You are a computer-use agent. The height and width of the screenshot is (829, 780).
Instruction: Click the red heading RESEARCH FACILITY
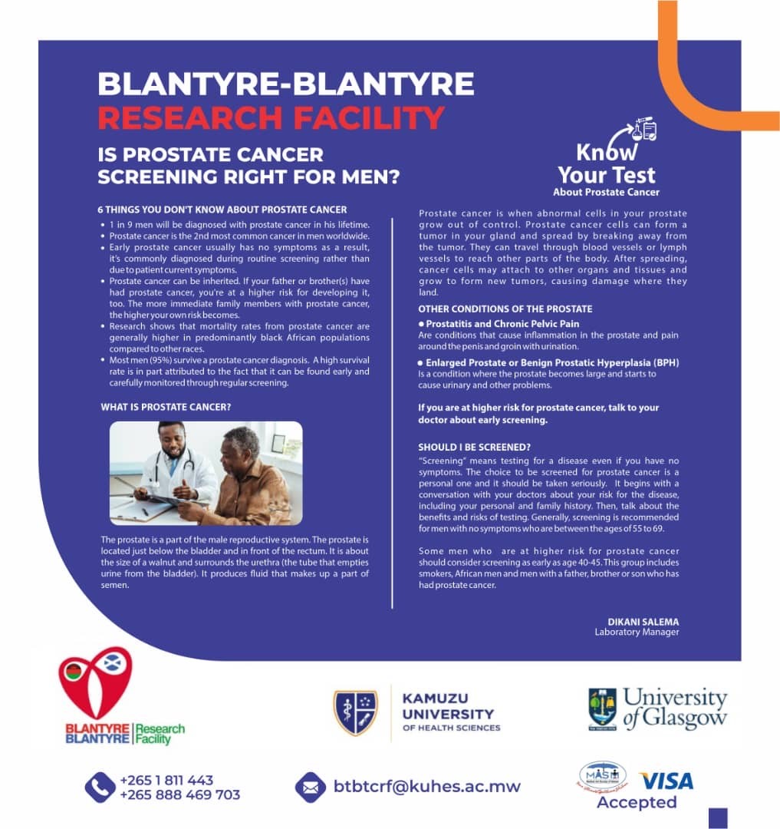point(271,117)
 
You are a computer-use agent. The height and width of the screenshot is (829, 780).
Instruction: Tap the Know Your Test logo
point(606,157)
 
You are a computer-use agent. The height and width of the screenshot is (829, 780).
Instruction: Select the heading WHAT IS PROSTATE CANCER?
point(166,407)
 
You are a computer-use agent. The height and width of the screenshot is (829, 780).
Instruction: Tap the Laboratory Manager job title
point(637,632)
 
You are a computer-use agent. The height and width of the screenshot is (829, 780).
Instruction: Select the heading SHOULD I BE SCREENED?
point(475,447)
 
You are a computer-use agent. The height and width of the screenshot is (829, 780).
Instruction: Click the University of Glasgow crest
point(602,708)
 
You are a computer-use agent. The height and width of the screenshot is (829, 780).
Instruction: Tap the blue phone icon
point(100,788)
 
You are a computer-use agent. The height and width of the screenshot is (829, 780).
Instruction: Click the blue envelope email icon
point(311,787)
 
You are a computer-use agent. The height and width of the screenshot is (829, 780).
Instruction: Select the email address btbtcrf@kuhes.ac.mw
point(427,787)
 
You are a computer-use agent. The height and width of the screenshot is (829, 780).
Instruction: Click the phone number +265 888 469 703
point(179,795)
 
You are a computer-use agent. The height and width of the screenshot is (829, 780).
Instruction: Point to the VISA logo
point(666,781)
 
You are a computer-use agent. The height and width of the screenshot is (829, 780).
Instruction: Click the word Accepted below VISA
point(637,803)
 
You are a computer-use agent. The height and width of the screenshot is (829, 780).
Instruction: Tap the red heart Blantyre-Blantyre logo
point(95,683)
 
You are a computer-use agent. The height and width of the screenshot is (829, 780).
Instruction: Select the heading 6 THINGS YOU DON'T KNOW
point(222,210)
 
